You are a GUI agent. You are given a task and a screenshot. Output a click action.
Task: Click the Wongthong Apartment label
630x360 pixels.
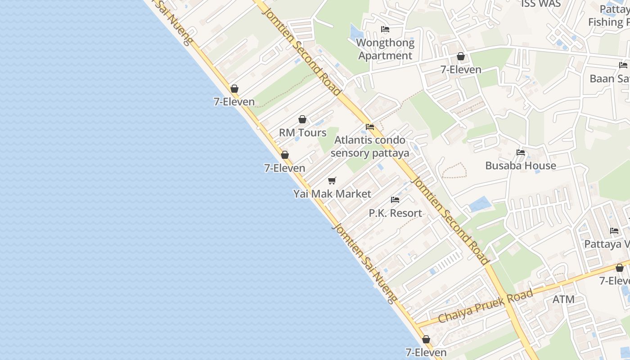[x=385, y=49]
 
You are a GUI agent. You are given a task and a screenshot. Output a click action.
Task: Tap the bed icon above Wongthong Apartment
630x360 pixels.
[x=385, y=29]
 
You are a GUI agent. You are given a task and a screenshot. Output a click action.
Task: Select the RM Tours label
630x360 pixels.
[x=302, y=133]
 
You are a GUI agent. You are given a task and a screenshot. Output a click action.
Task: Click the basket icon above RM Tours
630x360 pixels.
[x=302, y=119]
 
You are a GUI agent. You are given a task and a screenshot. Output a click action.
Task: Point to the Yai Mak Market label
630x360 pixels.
[x=332, y=194]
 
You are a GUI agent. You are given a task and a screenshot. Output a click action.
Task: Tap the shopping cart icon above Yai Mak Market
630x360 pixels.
[x=332, y=180]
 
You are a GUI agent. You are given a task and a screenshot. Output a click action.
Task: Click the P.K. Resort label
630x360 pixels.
[x=395, y=213]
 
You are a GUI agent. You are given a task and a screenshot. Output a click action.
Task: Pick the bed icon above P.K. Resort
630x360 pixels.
[x=395, y=199]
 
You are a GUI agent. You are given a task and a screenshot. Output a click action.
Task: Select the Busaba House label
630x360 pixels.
[x=520, y=166]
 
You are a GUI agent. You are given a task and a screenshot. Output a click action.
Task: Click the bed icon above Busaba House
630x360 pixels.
[x=521, y=152]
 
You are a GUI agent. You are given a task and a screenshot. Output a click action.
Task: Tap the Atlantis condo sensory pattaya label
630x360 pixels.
[x=370, y=147]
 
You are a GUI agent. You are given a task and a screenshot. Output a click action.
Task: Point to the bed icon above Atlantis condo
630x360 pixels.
[x=370, y=126]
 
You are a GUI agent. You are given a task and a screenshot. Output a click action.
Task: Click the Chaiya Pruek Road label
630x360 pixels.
[x=486, y=306]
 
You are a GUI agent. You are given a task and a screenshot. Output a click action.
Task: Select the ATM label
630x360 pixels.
[x=563, y=299]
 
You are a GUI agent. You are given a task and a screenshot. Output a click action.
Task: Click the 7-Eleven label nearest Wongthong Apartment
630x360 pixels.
[x=461, y=70]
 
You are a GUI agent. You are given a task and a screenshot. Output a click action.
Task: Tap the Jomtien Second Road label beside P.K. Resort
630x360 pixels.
[x=450, y=220]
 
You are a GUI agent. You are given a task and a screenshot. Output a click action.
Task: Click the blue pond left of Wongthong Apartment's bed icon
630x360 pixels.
[x=356, y=31]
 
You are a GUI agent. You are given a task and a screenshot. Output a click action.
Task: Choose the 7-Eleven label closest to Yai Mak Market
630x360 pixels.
[x=284, y=168]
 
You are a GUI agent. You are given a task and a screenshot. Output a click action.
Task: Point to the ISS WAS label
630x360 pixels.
[x=541, y=4]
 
